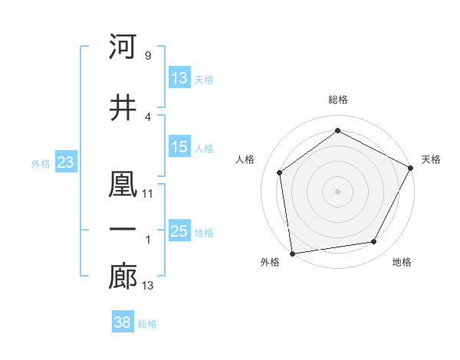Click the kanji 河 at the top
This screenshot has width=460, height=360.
pos(123,47)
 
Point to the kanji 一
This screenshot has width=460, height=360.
pos(123,230)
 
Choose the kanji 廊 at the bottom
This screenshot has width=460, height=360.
pos(123,278)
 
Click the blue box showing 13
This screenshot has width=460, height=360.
pos(179,77)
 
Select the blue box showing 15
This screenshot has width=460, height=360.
pos(179,147)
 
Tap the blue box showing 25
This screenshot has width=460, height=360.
pos(179,231)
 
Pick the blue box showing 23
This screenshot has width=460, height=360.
pos(65,162)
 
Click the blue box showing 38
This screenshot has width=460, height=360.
pos(123,322)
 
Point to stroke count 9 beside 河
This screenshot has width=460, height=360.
pos(147,56)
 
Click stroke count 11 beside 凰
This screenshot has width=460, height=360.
pos(148,194)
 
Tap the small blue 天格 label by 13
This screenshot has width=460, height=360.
pos(204,79)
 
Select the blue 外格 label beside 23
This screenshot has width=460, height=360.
pos(41,163)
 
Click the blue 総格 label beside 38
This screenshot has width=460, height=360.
pos(147,324)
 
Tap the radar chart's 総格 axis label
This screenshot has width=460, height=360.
pos(338,100)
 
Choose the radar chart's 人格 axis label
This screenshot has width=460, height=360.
pos(245,159)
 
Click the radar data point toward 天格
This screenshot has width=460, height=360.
pos(411,167)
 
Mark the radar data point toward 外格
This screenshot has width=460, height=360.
pos(292,252)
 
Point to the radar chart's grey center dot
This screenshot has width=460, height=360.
pos(337,191)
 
